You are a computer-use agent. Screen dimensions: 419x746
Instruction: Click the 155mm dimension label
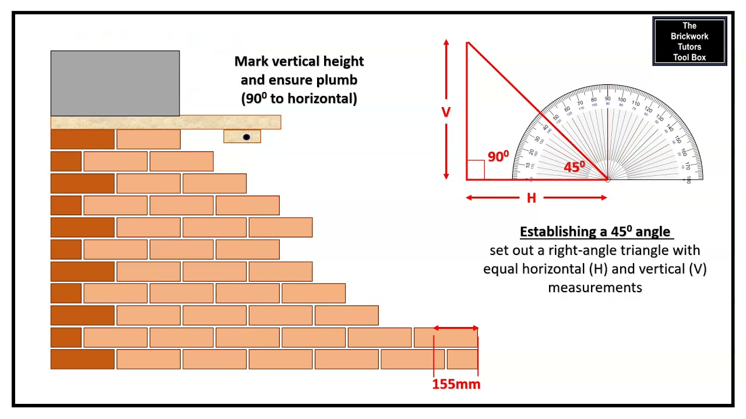[x=456, y=384]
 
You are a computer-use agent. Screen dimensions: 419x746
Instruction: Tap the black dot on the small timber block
[x=246, y=137]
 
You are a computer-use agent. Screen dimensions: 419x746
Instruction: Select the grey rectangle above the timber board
[x=115, y=83]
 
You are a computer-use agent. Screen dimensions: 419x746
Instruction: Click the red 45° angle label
[x=574, y=167]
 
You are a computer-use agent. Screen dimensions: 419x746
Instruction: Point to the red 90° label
[x=498, y=157]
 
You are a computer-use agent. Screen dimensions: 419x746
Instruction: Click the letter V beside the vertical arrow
[x=446, y=112]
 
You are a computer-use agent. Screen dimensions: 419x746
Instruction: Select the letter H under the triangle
[x=531, y=198]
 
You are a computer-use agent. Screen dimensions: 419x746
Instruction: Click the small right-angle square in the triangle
[x=476, y=169]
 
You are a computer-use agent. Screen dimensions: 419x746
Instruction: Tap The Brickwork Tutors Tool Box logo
[x=689, y=41]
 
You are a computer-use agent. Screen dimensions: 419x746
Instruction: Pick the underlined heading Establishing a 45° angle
[x=595, y=232]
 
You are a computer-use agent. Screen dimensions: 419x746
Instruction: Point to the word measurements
[x=594, y=287]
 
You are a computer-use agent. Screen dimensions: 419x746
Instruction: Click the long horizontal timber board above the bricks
[x=166, y=122]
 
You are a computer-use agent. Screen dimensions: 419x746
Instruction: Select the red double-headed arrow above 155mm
[x=456, y=329]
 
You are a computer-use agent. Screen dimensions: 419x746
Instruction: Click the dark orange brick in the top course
[x=82, y=140]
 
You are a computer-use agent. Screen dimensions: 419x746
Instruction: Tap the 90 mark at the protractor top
[x=607, y=100]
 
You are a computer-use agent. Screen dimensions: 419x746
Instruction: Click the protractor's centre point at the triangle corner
[x=607, y=179]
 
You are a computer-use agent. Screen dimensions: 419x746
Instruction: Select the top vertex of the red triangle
[x=467, y=42]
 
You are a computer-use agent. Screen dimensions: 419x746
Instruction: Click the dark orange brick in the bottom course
[x=82, y=360]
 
